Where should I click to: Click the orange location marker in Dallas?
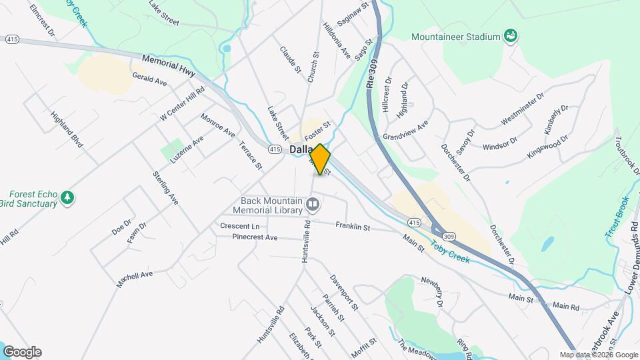[x=320, y=159]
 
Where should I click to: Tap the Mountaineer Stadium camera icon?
[x=511, y=35]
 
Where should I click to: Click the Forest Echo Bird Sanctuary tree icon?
[x=67, y=197]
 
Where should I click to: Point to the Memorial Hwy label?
[x=168, y=67]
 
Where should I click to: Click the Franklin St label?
[x=352, y=227]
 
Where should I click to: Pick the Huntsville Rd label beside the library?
[x=306, y=241]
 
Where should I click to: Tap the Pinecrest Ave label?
[x=255, y=237]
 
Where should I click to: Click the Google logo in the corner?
[x=22, y=351]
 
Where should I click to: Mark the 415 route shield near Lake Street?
[x=274, y=150]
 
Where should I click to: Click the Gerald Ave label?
[x=149, y=79]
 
